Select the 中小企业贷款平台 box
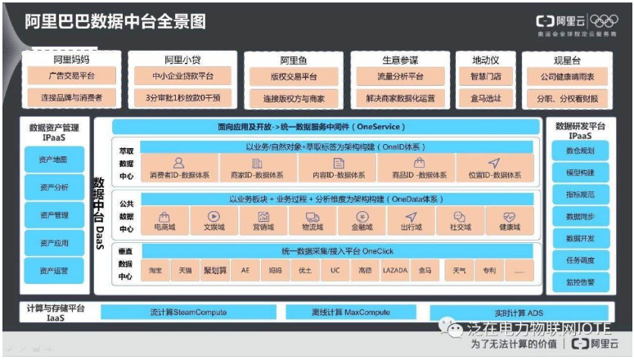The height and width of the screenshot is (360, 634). [183, 77]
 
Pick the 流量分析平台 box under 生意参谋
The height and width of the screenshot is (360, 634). [401, 77]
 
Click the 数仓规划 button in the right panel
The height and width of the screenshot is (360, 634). [580, 151]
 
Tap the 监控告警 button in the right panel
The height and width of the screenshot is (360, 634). [580, 282]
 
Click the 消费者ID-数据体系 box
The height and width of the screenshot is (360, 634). [180, 168]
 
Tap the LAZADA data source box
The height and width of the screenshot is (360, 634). [394, 269]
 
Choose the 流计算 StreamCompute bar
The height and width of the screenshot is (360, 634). [189, 313]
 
